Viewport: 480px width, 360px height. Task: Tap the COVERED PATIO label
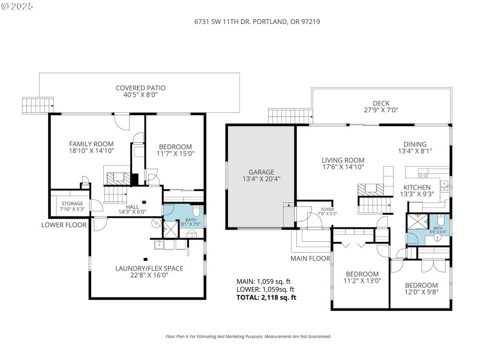pyautogui.click(x=140, y=88)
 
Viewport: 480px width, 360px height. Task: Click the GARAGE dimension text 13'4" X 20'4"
pyautogui.click(x=261, y=178)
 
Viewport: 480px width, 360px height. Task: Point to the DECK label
pyautogui.click(x=381, y=103)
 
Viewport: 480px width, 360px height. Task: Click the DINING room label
pyautogui.click(x=415, y=144)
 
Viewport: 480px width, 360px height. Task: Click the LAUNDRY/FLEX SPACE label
pyautogui.click(x=149, y=268)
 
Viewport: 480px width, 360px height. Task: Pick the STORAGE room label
pyautogui.click(x=72, y=204)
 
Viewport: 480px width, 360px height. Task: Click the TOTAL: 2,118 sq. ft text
pyautogui.click(x=267, y=297)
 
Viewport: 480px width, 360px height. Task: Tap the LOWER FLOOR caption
pyautogui.click(x=64, y=225)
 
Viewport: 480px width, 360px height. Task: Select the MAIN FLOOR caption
pyautogui.click(x=311, y=259)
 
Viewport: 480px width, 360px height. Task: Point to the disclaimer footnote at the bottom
pyautogui.click(x=248, y=337)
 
